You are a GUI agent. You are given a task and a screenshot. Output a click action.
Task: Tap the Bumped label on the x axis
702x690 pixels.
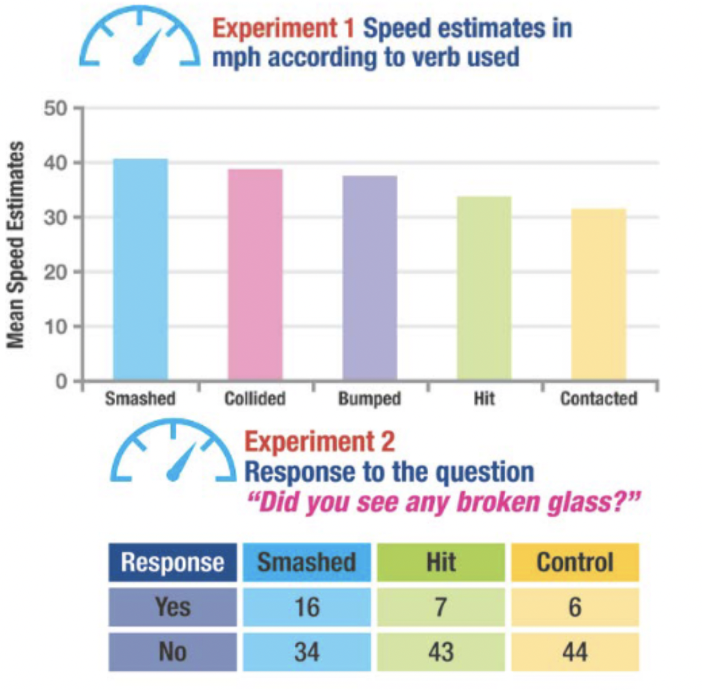[370, 399]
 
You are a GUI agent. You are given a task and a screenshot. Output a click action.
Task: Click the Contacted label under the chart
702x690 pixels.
[598, 399]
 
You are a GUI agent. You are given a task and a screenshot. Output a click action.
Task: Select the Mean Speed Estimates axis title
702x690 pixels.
[16, 245]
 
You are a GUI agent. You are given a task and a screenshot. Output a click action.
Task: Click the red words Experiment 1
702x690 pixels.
[283, 28]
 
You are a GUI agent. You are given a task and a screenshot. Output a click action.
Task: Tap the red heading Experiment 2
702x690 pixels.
[319, 442]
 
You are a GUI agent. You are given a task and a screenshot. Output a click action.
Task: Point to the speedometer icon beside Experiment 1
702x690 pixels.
[140, 38]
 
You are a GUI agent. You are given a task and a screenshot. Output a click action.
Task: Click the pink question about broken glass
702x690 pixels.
[442, 502]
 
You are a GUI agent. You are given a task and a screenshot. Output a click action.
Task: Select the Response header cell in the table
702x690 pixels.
[172, 562]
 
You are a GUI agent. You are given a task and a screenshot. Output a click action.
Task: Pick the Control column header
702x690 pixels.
[574, 562]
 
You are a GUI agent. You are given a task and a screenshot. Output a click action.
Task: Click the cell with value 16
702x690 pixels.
[307, 607]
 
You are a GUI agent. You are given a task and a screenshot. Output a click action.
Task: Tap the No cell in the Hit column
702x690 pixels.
[440, 652]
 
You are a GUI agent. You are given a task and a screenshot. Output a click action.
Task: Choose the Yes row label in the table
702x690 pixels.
[172, 607]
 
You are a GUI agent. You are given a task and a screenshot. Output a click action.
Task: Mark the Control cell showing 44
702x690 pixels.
[574, 652]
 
